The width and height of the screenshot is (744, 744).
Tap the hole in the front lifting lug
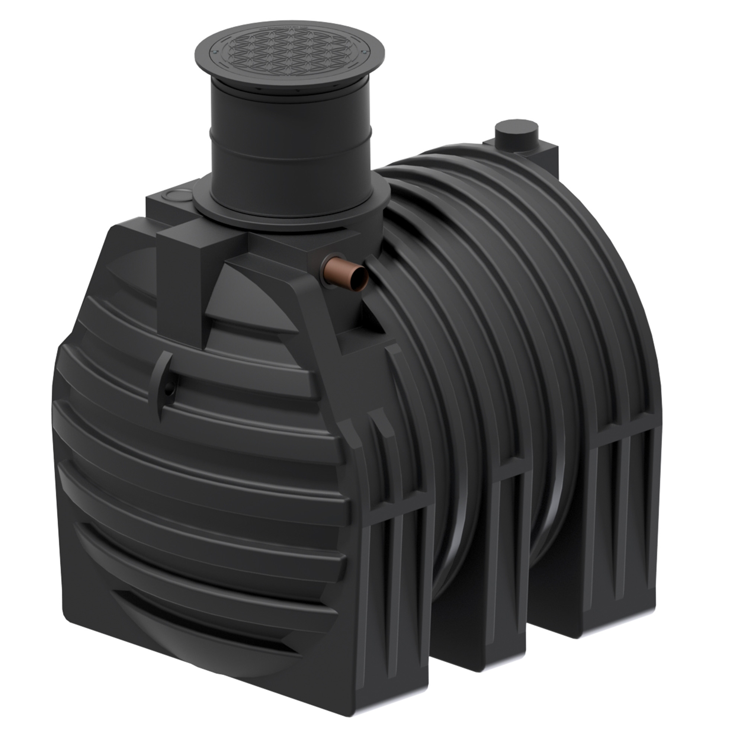(169, 390)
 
